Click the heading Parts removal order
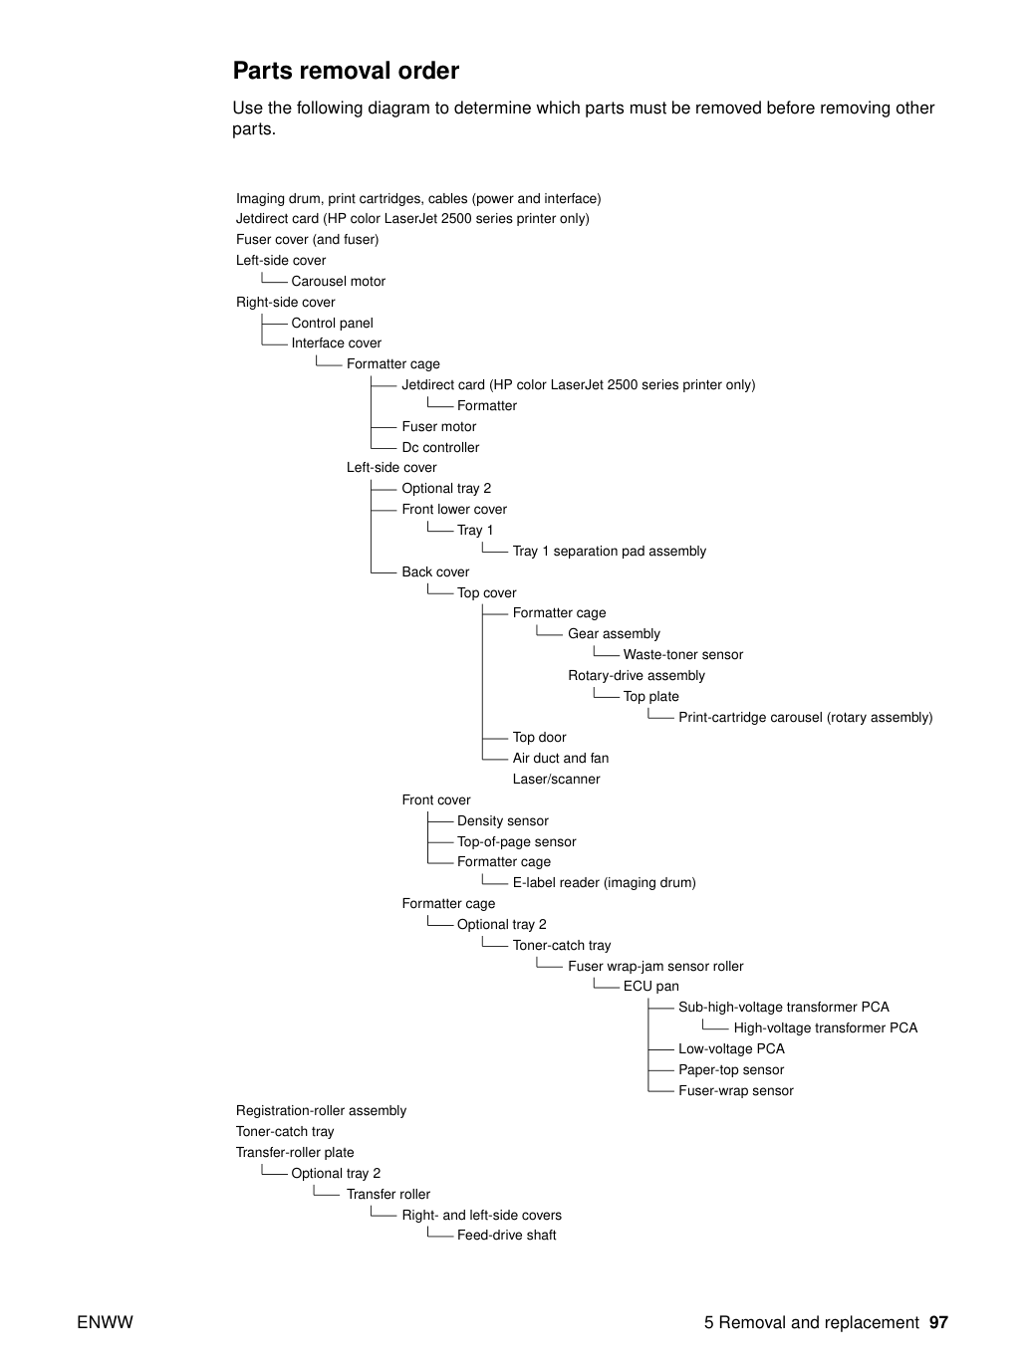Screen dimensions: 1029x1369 point(346,71)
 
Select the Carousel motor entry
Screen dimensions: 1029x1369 point(339,282)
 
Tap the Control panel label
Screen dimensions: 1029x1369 point(332,323)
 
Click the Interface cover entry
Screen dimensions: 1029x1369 point(337,343)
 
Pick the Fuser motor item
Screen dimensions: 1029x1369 point(438,426)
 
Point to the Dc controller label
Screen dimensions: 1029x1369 point(440,447)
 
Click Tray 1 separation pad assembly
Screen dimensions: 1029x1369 point(610,552)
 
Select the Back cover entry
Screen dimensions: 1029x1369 point(435,571)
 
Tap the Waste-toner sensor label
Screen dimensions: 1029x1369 point(683,655)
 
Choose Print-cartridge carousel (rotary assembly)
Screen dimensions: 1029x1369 point(806,717)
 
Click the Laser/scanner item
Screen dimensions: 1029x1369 point(556,779)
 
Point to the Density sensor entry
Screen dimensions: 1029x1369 point(503,820)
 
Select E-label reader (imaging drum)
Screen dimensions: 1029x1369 point(604,882)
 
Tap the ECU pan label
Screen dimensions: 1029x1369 point(650,986)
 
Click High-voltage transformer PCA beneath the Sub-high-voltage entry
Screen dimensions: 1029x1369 point(826,1027)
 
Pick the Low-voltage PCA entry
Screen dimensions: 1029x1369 point(731,1048)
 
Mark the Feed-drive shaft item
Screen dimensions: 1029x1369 point(507,1235)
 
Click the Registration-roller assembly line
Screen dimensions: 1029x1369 point(321,1111)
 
